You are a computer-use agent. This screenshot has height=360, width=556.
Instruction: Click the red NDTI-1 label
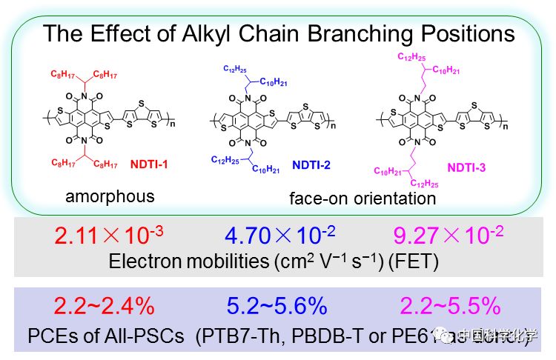[x=149, y=164]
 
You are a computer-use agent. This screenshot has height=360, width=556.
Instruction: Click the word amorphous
[x=109, y=196]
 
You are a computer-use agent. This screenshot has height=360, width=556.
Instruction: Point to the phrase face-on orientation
[x=362, y=199]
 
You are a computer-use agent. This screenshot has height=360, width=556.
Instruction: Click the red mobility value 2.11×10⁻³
[x=109, y=237]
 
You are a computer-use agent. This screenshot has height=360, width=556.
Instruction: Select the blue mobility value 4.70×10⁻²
[x=281, y=237]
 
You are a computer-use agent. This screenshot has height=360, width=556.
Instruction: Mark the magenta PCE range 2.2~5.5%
[x=451, y=306]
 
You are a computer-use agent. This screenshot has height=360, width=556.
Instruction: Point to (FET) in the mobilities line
[x=422, y=261]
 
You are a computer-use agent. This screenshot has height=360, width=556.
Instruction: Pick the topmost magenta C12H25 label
[x=412, y=56]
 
